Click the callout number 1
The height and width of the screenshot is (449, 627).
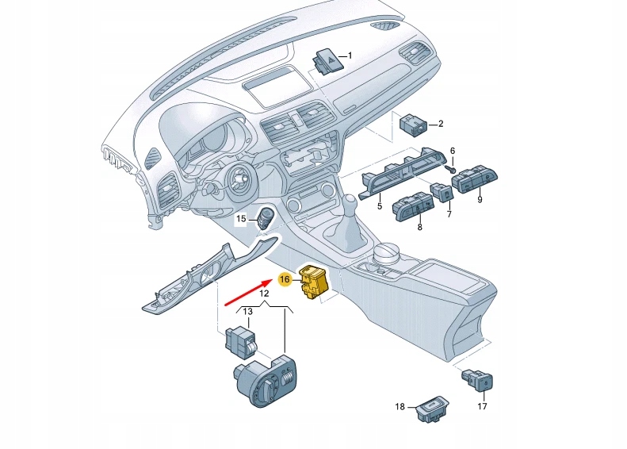coord(350,56)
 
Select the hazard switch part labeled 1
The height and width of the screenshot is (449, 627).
coord(327,60)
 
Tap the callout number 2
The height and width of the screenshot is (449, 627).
coord(440,124)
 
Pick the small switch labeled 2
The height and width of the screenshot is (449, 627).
coord(414,125)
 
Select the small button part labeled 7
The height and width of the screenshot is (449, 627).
coord(442,192)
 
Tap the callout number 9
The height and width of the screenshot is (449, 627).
coord(479,200)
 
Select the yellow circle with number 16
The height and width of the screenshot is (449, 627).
coord(285,279)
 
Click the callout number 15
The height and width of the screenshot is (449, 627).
coord(241,218)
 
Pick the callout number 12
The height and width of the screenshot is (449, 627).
coord(265,294)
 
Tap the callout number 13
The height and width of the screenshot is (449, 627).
coord(247,311)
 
